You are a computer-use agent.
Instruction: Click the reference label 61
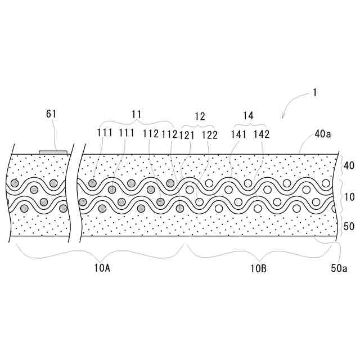[x=51, y=114]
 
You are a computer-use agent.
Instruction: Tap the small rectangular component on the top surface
[x=53, y=151]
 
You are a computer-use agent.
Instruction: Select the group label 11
[x=136, y=114]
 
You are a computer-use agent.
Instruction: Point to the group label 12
[x=200, y=116]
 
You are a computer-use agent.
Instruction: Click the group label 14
[x=248, y=115]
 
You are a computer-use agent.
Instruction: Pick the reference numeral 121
[x=187, y=134]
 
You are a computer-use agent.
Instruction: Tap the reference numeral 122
[x=209, y=134]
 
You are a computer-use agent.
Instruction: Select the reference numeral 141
[x=238, y=134]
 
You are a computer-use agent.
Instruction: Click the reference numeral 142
[x=262, y=134]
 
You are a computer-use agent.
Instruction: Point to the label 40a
[x=323, y=134]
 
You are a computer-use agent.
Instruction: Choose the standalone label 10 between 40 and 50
[x=348, y=197]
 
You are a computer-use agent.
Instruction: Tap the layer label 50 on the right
[x=348, y=226]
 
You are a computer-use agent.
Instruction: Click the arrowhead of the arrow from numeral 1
[x=283, y=116]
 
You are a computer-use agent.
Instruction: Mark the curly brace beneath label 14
[x=249, y=123]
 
